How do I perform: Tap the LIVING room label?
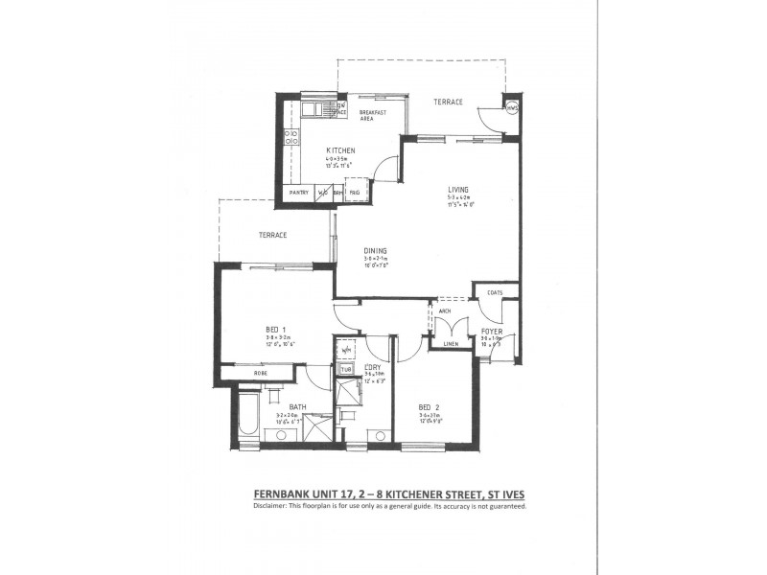(x=456, y=190)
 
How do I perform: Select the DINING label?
(x=375, y=250)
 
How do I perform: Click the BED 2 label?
(x=429, y=406)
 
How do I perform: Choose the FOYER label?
(x=492, y=331)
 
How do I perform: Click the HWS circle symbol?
(x=512, y=107)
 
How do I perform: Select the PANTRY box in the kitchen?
(x=299, y=193)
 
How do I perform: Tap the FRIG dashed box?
(x=355, y=193)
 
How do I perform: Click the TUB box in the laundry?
(x=346, y=369)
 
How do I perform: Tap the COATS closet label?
(x=495, y=292)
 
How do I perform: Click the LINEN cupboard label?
(x=451, y=344)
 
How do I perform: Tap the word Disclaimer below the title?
(x=275, y=506)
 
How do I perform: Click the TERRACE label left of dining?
(x=273, y=234)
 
